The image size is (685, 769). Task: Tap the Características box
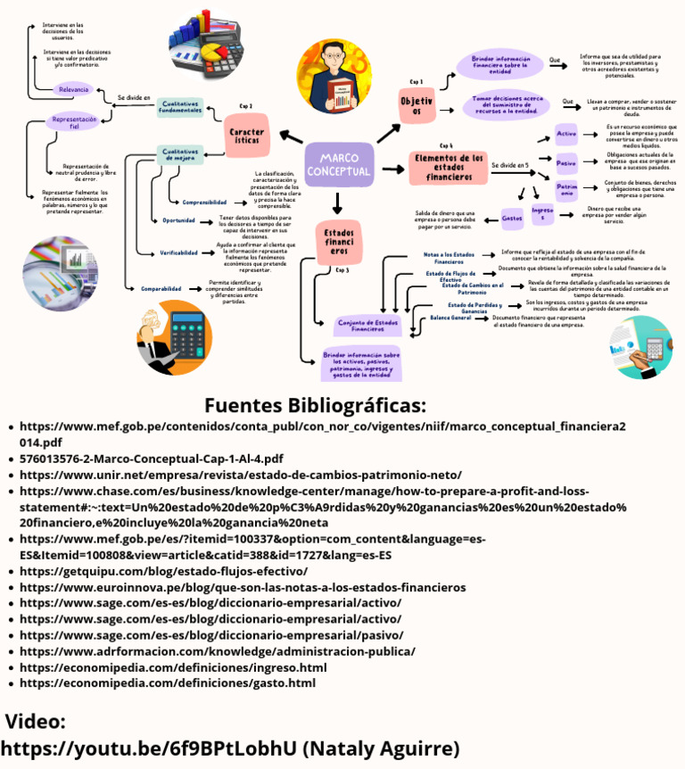point(245,136)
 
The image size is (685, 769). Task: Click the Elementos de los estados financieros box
point(446,167)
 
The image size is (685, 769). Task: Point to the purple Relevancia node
point(73,89)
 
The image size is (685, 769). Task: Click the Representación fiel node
point(73,122)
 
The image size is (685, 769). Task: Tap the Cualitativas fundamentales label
point(180,107)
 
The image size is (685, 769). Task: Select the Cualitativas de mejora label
point(179,154)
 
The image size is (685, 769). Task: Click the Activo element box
point(566,134)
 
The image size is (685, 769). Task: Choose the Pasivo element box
point(566,163)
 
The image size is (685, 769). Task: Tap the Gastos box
point(512,217)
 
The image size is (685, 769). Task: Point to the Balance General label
point(450,318)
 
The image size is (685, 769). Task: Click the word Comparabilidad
point(161,289)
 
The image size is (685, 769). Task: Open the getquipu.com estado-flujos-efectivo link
point(163,571)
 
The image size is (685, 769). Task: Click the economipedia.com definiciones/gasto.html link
point(168,683)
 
